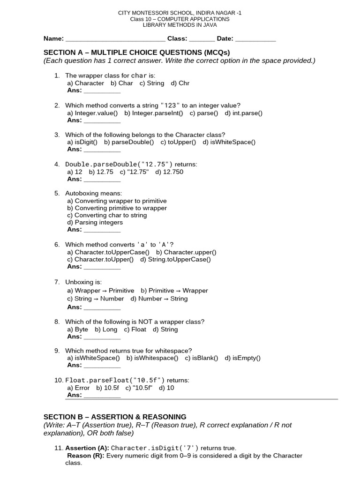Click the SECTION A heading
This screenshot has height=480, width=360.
[136, 52]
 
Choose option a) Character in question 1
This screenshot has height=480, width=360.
[86, 83]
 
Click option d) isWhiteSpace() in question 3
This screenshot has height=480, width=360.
[229, 142]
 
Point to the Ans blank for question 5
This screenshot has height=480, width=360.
[102, 230]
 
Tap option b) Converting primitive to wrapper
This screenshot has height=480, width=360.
[117, 208]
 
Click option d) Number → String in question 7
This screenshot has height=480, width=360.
[159, 299]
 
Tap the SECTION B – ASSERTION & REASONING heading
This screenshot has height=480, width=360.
[115, 417]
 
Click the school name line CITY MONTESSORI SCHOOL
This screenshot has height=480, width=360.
[180, 13]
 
